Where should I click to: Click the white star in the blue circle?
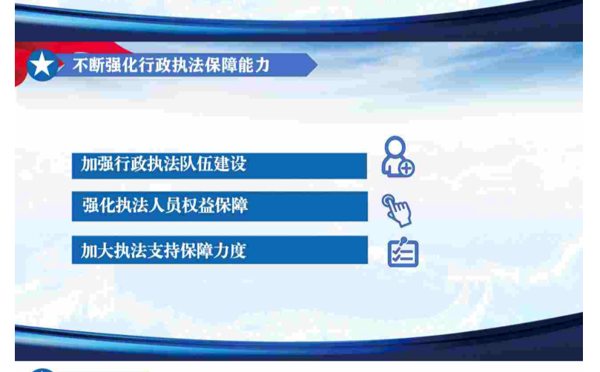(42, 64)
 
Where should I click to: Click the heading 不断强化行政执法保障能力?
(171, 65)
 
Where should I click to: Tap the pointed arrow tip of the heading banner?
(317, 64)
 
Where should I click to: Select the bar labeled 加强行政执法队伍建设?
(220, 165)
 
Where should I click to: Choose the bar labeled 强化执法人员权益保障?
(220, 207)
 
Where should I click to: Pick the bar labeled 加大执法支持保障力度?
(220, 250)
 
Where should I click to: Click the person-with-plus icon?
(398, 157)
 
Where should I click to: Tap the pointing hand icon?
(397, 210)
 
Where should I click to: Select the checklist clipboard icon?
(403, 253)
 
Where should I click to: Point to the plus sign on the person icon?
(406, 168)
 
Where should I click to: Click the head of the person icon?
(395, 146)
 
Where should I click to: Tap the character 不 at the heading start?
(81, 65)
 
